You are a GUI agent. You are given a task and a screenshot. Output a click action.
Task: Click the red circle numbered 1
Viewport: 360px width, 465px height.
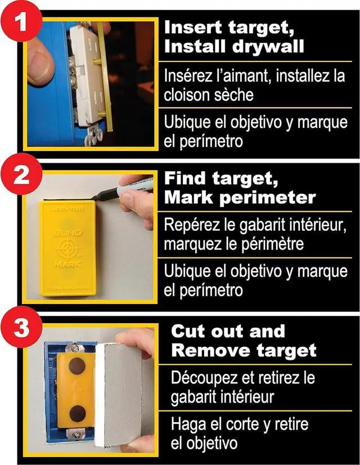(21, 21)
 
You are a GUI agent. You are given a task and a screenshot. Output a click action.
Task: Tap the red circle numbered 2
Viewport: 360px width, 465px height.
(21, 175)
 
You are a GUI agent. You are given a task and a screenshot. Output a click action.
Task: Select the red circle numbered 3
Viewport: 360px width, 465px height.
(21, 327)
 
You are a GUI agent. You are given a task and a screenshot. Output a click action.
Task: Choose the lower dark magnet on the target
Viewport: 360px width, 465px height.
(78, 414)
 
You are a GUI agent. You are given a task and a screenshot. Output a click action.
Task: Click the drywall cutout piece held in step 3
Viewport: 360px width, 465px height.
(119, 395)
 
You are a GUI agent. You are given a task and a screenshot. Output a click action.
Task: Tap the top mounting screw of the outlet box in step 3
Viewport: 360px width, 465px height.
(76, 346)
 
